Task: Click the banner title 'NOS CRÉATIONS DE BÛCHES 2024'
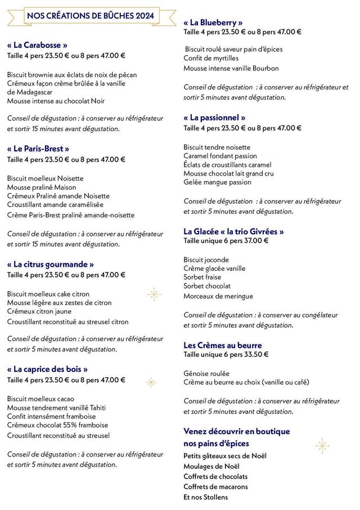[90, 16]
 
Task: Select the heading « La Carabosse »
[37, 44]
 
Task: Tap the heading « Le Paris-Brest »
[38, 149]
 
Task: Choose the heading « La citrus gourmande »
[50, 264]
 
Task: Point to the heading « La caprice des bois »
[47, 369]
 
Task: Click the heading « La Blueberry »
[213, 23]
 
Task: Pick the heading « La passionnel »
[214, 118]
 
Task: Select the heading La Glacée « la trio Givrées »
[233, 231]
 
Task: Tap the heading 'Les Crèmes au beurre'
[223, 345]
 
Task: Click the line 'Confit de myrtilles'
[211, 58]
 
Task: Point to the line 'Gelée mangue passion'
[217, 182]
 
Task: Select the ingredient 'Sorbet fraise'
[202, 277]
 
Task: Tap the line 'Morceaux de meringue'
[218, 296]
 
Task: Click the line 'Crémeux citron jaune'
[39, 312]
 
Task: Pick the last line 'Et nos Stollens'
[206, 497]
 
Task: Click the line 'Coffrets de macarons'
[215, 486]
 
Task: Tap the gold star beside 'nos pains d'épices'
[322, 446]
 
